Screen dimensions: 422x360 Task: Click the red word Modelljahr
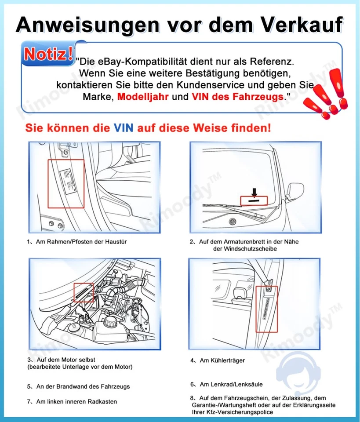(x=144, y=96)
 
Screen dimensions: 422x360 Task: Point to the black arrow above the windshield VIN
(x=255, y=192)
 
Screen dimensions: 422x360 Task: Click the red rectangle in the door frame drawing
(x=66, y=184)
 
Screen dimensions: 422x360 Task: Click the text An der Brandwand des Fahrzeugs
(x=83, y=387)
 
